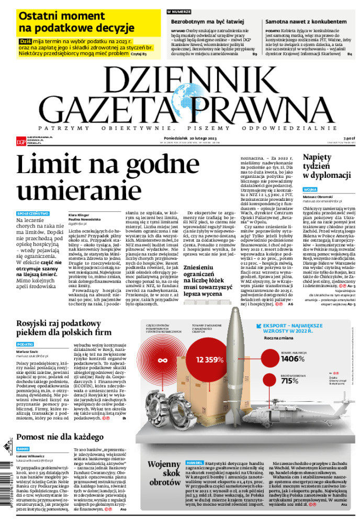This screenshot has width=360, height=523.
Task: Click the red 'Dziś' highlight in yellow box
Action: click(25, 40)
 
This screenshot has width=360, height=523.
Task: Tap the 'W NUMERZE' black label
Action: click(179, 12)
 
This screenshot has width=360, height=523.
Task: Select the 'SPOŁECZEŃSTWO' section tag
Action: click(33, 213)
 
